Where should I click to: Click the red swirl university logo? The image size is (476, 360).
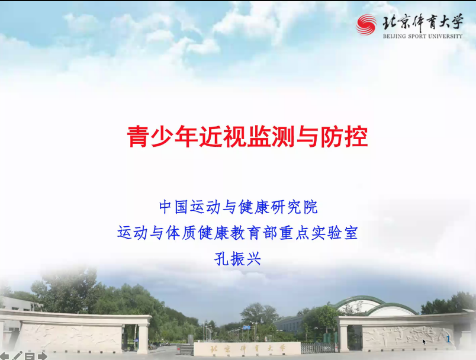pyautogui.click(x=366, y=25)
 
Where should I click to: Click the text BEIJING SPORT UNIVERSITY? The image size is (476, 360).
pyautogui.click(x=423, y=37)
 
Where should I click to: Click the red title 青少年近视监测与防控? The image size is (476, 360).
pyautogui.click(x=247, y=137)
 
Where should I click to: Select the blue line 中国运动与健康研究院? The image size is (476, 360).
pyautogui.click(x=239, y=207)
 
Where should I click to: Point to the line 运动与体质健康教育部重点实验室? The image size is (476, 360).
pyautogui.click(x=237, y=233)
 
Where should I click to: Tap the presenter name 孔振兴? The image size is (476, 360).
pyautogui.click(x=237, y=259)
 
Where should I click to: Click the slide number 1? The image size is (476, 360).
pyautogui.click(x=448, y=339)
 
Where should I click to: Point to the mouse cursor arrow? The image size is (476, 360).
pyautogui.click(x=424, y=342)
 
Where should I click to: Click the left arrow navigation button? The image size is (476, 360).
pyautogui.click(x=4, y=356)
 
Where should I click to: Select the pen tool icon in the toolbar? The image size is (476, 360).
pyautogui.click(x=17, y=355)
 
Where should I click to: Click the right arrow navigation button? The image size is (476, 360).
pyautogui.click(x=43, y=356)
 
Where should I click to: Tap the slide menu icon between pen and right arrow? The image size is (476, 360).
pyautogui.click(x=30, y=356)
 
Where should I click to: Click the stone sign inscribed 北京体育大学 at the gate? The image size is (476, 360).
pyautogui.click(x=247, y=349)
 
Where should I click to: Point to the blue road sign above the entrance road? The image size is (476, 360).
pyautogui.click(x=246, y=327)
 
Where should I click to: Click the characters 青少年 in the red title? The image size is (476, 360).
pyautogui.click(x=162, y=137)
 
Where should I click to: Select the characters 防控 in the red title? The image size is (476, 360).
pyautogui.click(x=344, y=137)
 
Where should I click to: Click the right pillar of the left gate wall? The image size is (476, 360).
pyautogui.click(x=143, y=335)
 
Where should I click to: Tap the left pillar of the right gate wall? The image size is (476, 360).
pyautogui.click(x=343, y=334)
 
